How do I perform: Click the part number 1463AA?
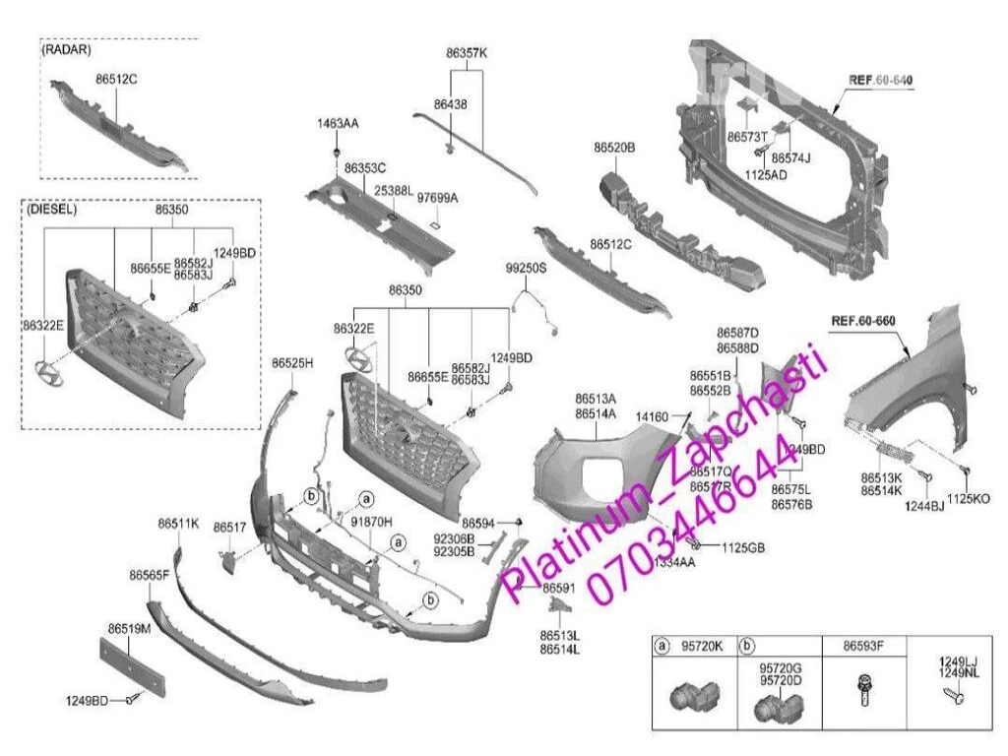tap(338, 124)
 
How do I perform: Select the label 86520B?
tap(613, 147)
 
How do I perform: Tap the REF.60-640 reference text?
tap(880, 79)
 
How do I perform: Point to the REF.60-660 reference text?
tap(862, 321)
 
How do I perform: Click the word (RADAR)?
tap(66, 48)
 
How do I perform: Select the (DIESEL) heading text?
tap(53, 210)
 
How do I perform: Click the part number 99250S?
tap(526, 267)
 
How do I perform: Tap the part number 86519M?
tap(129, 627)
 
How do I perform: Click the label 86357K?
tap(467, 53)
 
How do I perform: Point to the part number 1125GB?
tap(743, 546)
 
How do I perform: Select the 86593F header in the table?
tap(862, 647)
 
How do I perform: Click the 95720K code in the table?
tap(702, 647)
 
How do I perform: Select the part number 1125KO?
tap(969, 499)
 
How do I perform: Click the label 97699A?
tap(437, 197)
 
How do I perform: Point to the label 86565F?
tap(149, 574)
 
